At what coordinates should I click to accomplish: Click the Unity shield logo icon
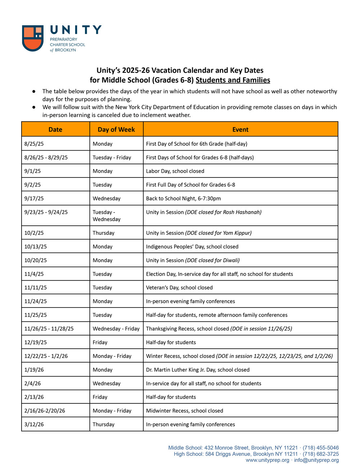pos(33,38)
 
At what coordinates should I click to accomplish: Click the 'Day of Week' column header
pos(116,130)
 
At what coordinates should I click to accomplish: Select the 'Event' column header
pos(240,130)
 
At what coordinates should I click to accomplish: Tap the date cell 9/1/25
pos(33,171)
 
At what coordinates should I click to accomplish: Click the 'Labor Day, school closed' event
pos(175,171)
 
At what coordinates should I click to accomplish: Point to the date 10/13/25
pos(36,247)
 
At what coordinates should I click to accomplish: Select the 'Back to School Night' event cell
pos(183,198)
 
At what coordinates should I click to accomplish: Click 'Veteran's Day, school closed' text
pos(179,288)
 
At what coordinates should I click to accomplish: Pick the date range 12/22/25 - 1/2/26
pos(46,356)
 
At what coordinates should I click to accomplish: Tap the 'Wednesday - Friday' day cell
pos(116,329)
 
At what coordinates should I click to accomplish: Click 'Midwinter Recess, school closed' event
pos(184,411)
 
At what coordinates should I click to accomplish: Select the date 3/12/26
pos(34,425)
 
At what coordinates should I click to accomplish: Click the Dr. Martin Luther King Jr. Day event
pos(198,370)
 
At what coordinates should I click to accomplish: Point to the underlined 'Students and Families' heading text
pos(233,80)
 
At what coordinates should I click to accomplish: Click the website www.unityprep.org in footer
pos(267,460)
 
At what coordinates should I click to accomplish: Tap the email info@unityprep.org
pos(316,460)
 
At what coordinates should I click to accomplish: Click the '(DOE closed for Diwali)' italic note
pos(212,260)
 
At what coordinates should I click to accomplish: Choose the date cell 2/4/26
pos(32,384)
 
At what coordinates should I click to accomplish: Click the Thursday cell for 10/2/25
pos(104,233)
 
